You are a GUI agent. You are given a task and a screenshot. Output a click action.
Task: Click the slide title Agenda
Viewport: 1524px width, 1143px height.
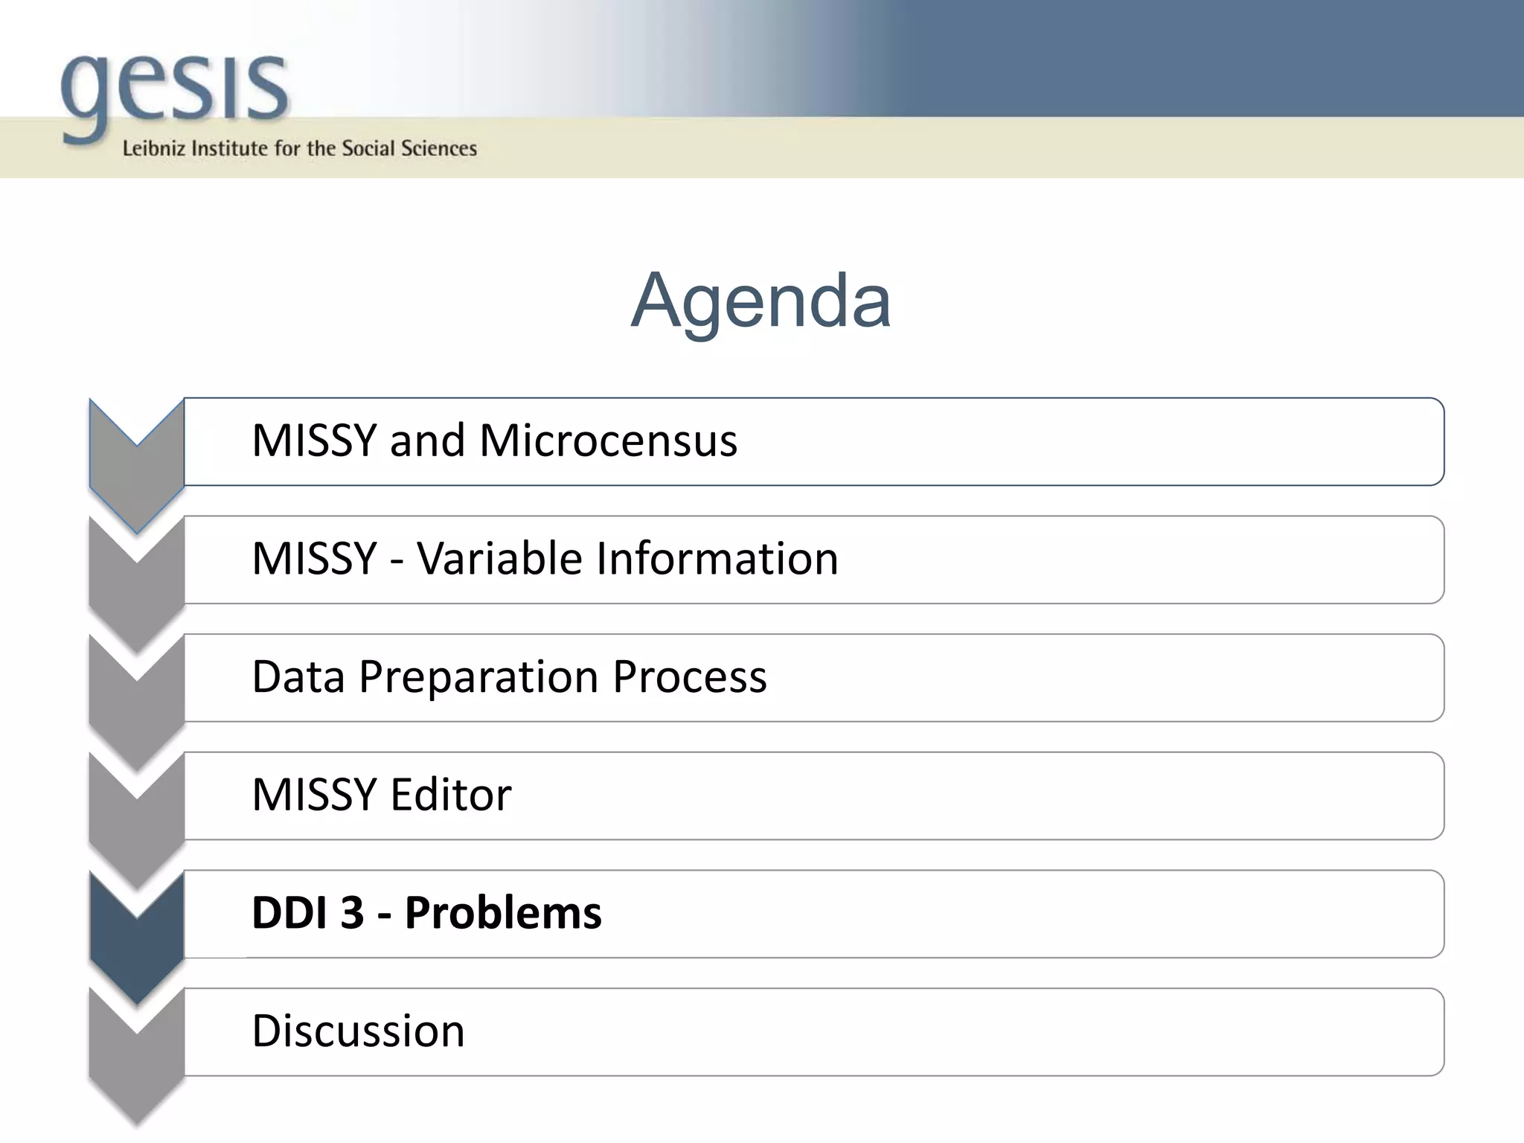coord(761,301)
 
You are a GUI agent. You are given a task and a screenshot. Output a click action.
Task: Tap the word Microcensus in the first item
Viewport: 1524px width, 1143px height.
coord(608,441)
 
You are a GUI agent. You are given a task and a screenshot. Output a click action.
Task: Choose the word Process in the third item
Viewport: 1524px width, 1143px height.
coord(690,677)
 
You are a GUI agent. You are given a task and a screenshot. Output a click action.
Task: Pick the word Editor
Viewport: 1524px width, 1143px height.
coord(451,795)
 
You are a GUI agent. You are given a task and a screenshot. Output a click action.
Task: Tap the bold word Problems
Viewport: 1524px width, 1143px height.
coord(503,913)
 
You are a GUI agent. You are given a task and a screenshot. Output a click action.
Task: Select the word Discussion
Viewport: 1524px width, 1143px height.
coord(358,1031)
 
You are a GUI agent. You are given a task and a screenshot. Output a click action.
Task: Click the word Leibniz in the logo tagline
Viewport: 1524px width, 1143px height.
coord(153,149)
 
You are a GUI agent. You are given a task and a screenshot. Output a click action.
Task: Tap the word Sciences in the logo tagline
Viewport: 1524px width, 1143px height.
coord(439,149)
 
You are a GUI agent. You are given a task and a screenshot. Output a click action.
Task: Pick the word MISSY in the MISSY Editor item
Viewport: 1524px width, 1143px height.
coord(314,795)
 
